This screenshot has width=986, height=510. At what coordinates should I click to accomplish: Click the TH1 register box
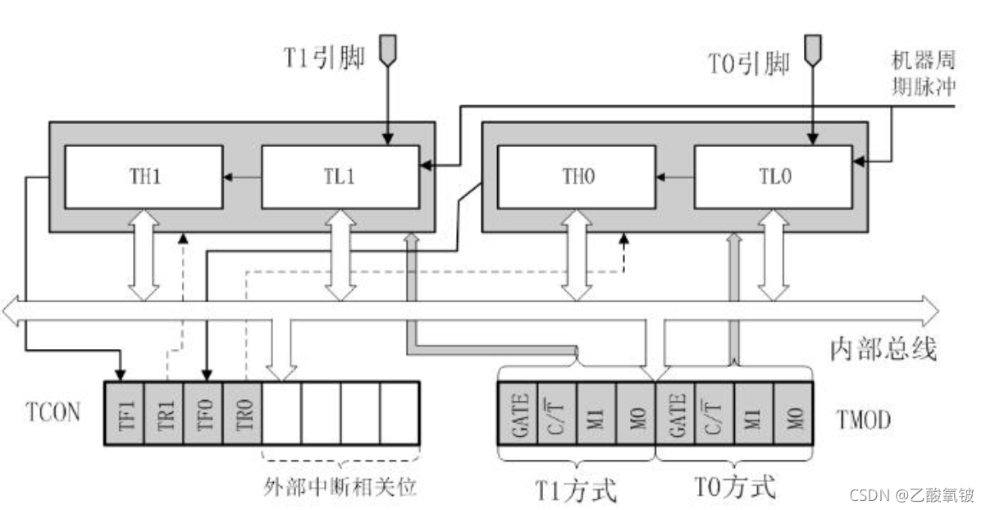144,177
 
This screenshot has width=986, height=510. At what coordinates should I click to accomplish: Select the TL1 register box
340,177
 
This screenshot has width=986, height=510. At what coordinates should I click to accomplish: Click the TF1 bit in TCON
125,412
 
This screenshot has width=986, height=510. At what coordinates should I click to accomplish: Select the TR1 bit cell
164,412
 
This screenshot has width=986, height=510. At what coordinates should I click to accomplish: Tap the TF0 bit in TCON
203,412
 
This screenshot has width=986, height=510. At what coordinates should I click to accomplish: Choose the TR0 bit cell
243,412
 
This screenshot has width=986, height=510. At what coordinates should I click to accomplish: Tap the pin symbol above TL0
813,48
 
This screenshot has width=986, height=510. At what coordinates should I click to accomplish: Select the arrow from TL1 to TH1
242,177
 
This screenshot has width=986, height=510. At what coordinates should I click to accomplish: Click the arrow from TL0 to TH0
675,177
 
